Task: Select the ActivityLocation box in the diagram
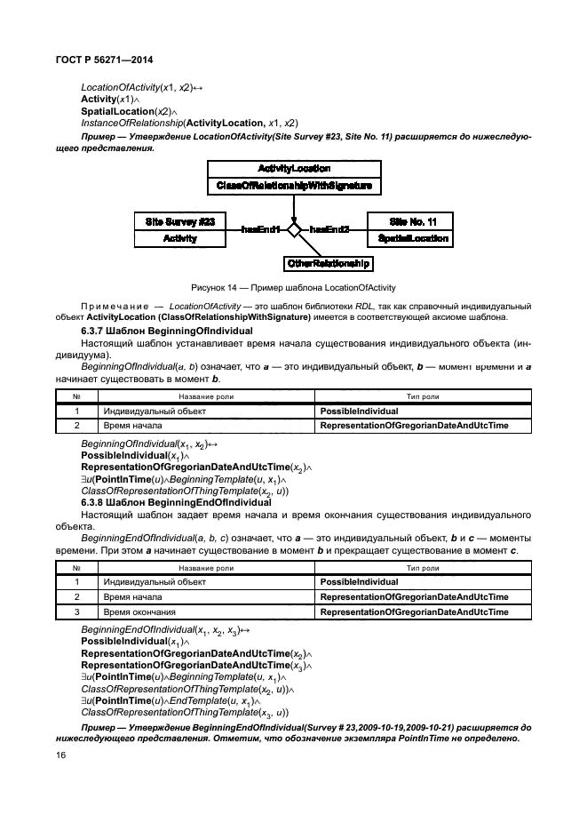pos(294,168)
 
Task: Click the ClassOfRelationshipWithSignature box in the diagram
pos(294,186)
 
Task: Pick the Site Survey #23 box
pos(180,220)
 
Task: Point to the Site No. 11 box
pos(414,220)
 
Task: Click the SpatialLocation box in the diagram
pos(414,238)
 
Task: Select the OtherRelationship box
pos(328,264)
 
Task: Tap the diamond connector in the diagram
pos(294,229)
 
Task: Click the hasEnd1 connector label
pos(260,229)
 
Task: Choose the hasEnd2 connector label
pos(329,229)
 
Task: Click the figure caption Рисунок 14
pos(293,286)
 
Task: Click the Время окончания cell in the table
pos(140,611)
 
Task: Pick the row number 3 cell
pos(77,611)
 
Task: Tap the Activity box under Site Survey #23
pos(180,238)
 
